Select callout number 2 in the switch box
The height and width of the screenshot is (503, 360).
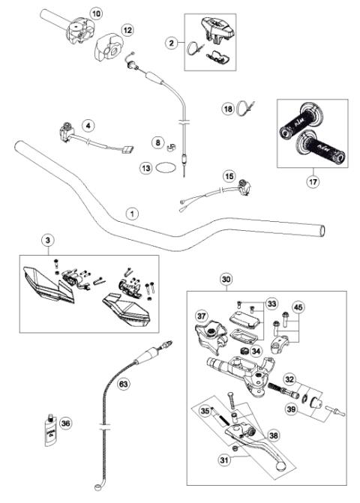[x=172, y=44]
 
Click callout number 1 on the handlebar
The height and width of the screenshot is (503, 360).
[x=131, y=214]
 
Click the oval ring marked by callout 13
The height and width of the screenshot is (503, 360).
[x=168, y=169]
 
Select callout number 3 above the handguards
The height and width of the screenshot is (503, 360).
[x=47, y=240]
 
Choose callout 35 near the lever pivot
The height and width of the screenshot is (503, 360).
[x=205, y=411]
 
